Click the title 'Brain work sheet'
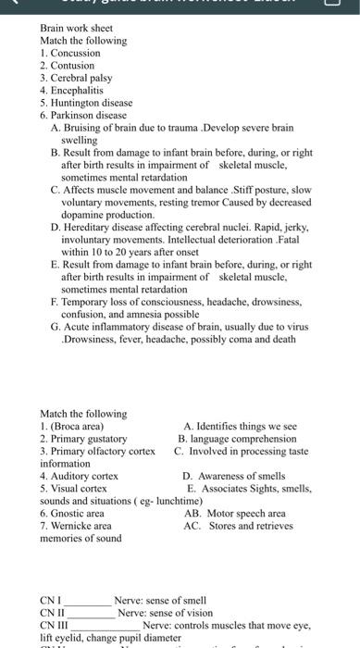pyautogui.click(x=76, y=29)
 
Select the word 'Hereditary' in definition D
pyautogui.click(x=89, y=226)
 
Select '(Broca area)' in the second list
pyautogui.click(x=77, y=426)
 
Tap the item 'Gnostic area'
pyautogui.click(x=76, y=513)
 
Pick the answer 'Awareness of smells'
pyautogui.click(x=242, y=476)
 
